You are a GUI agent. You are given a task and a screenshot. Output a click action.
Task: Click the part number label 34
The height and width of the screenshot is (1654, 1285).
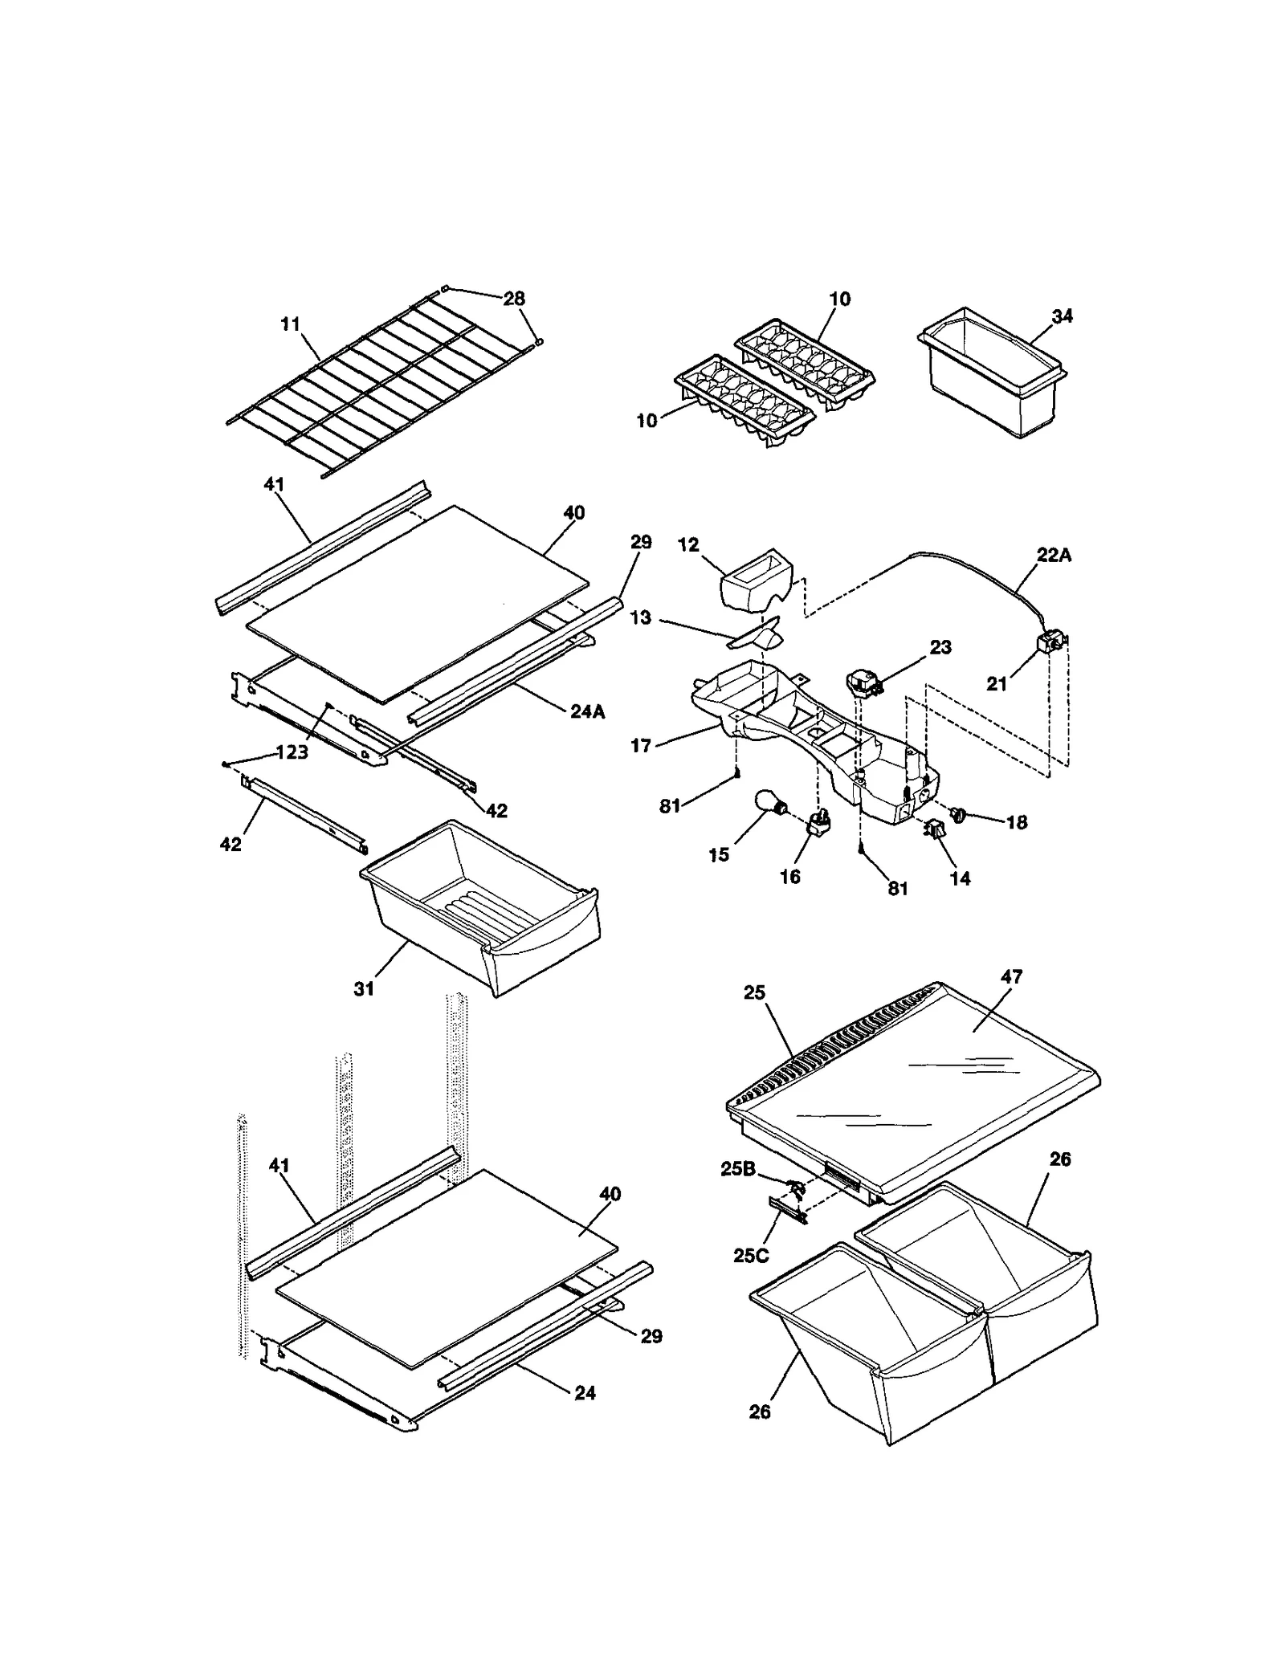click(x=1062, y=316)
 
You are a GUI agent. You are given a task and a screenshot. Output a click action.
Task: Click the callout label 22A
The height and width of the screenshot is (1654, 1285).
click(x=1054, y=555)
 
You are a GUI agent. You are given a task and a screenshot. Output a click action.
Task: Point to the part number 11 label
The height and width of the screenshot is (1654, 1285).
click(x=290, y=324)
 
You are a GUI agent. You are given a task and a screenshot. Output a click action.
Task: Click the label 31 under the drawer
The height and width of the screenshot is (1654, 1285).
click(x=364, y=989)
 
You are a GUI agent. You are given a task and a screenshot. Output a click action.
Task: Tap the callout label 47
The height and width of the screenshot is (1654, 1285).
click(x=1011, y=976)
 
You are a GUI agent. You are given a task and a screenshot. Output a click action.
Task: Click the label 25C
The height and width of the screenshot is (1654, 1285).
click(x=751, y=1256)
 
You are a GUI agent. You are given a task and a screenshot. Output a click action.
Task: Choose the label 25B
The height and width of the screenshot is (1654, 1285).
click(x=738, y=1169)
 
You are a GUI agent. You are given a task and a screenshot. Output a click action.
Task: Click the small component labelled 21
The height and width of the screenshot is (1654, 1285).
click(x=1050, y=642)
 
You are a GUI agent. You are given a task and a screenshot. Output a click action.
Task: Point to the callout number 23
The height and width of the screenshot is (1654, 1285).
click(x=940, y=647)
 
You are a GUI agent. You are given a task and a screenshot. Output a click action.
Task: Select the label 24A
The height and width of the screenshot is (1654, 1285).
click(x=587, y=711)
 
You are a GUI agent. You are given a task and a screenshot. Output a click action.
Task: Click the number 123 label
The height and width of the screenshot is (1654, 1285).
click(x=292, y=752)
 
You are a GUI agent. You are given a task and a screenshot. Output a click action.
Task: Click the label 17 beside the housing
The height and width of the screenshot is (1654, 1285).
click(x=640, y=746)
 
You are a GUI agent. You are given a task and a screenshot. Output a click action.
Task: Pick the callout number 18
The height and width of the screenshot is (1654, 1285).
click(x=1016, y=822)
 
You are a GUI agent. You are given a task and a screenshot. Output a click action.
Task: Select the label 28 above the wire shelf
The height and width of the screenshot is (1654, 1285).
click(x=514, y=299)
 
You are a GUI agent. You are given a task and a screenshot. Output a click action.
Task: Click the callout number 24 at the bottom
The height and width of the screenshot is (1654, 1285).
click(x=585, y=1393)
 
